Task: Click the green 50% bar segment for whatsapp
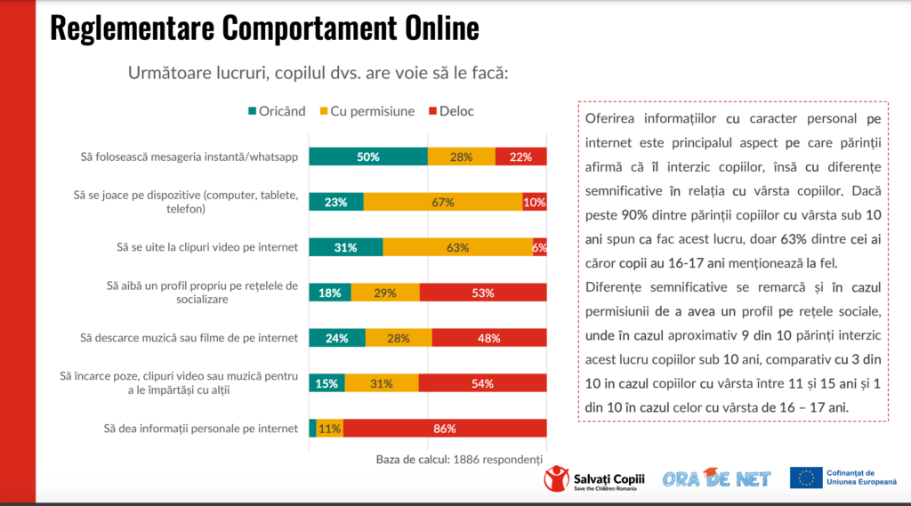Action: pyautogui.click(x=368, y=157)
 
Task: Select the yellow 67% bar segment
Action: pyautogui.click(x=443, y=202)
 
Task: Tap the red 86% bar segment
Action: pyautogui.click(x=444, y=428)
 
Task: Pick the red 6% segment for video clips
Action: pyautogui.click(x=539, y=247)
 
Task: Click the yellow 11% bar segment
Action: pyautogui.click(x=329, y=428)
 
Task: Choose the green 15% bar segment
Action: pyautogui.click(x=327, y=382)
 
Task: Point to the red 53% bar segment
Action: pyautogui.click(x=482, y=293)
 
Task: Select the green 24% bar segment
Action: pyautogui.click(x=336, y=338)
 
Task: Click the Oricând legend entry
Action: pyautogui.click(x=277, y=111)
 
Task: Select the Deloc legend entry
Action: pyautogui.click(x=451, y=111)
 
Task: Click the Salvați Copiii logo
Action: pyautogui.click(x=594, y=478)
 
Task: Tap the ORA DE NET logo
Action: pyautogui.click(x=716, y=478)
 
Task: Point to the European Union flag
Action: pyautogui.click(x=806, y=478)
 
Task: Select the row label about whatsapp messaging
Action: pyautogui.click(x=188, y=157)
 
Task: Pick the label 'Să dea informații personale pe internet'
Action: pyautogui.click(x=189, y=428)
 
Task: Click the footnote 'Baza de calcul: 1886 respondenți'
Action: pyautogui.click(x=459, y=459)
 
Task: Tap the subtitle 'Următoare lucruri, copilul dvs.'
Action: pyautogui.click(x=318, y=72)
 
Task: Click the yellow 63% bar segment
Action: pyautogui.click(x=457, y=247)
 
